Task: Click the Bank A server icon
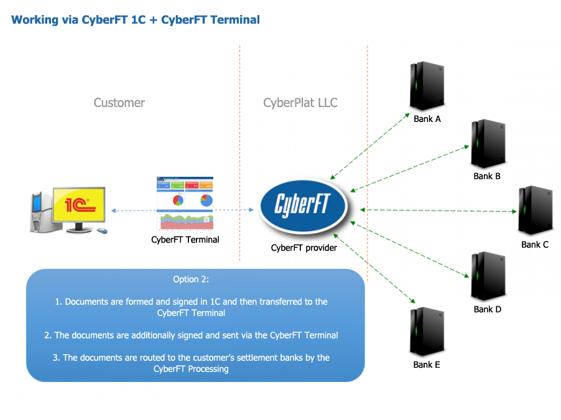[x=427, y=86]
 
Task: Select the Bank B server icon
[x=486, y=144]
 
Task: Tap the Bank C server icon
[x=534, y=212]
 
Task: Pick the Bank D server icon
[x=486, y=278]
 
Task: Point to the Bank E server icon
[x=427, y=333]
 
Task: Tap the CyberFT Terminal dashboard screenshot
[x=185, y=203]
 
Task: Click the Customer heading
[x=119, y=103]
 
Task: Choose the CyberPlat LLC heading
[x=300, y=103]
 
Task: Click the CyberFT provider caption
[x=304, y=248]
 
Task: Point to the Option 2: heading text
[x=195, y=279]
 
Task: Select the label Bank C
[x=534, y=245]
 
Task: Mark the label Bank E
[x=427, y=365]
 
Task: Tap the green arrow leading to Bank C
[x=438, y=210]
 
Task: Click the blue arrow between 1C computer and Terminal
[x=133, y=211]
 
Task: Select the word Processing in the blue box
[x=208, y=369]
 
